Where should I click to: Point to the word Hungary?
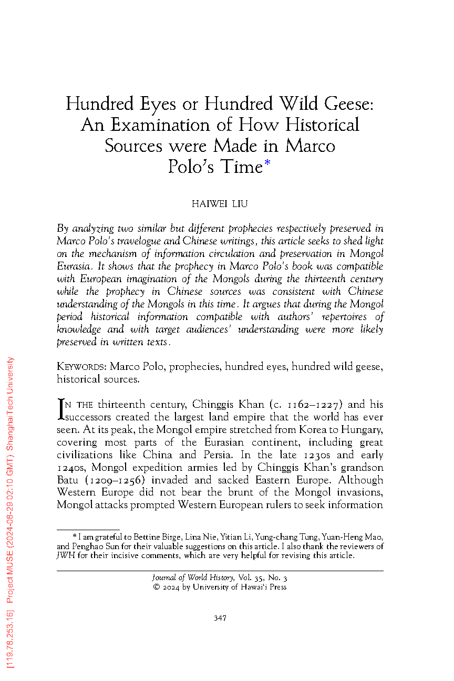[360, 430]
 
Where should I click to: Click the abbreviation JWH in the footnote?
[65, 556]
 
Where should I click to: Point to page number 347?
[220, 618]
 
